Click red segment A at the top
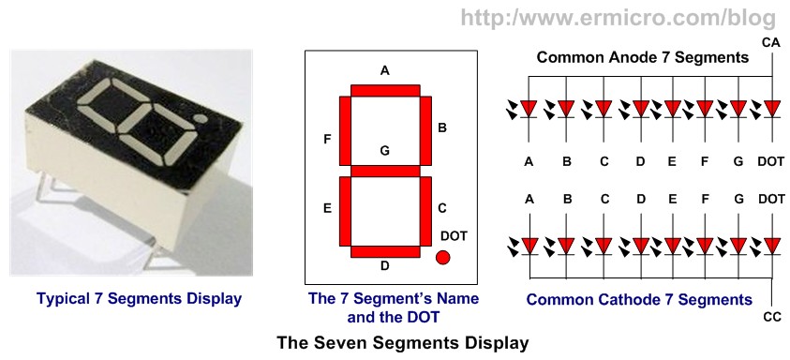tap(384, 90)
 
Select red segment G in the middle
tap(384, 171)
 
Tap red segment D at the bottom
tap(384, 251)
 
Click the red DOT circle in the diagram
tap(443, 257)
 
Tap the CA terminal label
tap(771, 43)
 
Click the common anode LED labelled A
tap(529, 109)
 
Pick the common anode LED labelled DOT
tap(771, 109)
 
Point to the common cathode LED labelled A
tap(529, 246)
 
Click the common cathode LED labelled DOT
tap(771, 246)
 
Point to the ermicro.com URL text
tap(619, 17)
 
